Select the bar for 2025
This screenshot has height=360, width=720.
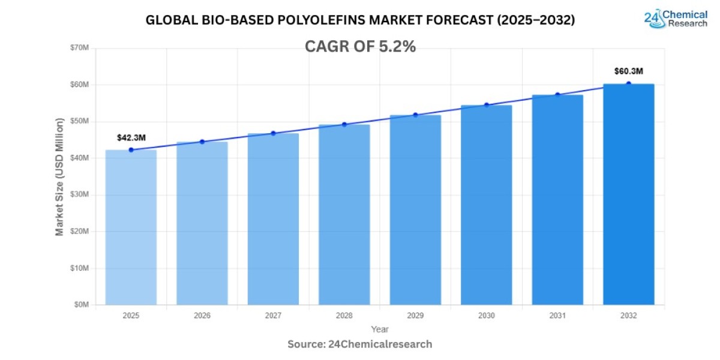[131, 227]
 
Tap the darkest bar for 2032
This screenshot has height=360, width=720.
[628, 194]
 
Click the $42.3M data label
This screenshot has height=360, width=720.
[131, 138]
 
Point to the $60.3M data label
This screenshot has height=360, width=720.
[628, 71]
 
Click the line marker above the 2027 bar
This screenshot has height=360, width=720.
[273, 133]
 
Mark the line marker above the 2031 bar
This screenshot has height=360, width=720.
[557, 95]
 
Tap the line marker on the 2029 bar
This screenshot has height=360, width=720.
[415, 115]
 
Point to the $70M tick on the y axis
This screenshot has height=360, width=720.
[79, 48]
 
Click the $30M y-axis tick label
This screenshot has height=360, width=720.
[79, 195]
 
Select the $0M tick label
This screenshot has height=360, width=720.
[81, 305]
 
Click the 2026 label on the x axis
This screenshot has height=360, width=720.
[202, 315]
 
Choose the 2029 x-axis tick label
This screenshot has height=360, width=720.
[415, 315]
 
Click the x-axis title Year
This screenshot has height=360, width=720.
[379, 329]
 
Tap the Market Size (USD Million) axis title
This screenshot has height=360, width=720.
[59, 177]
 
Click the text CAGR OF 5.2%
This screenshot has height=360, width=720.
[360, 46]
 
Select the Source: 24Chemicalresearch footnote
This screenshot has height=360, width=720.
[359, 344]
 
